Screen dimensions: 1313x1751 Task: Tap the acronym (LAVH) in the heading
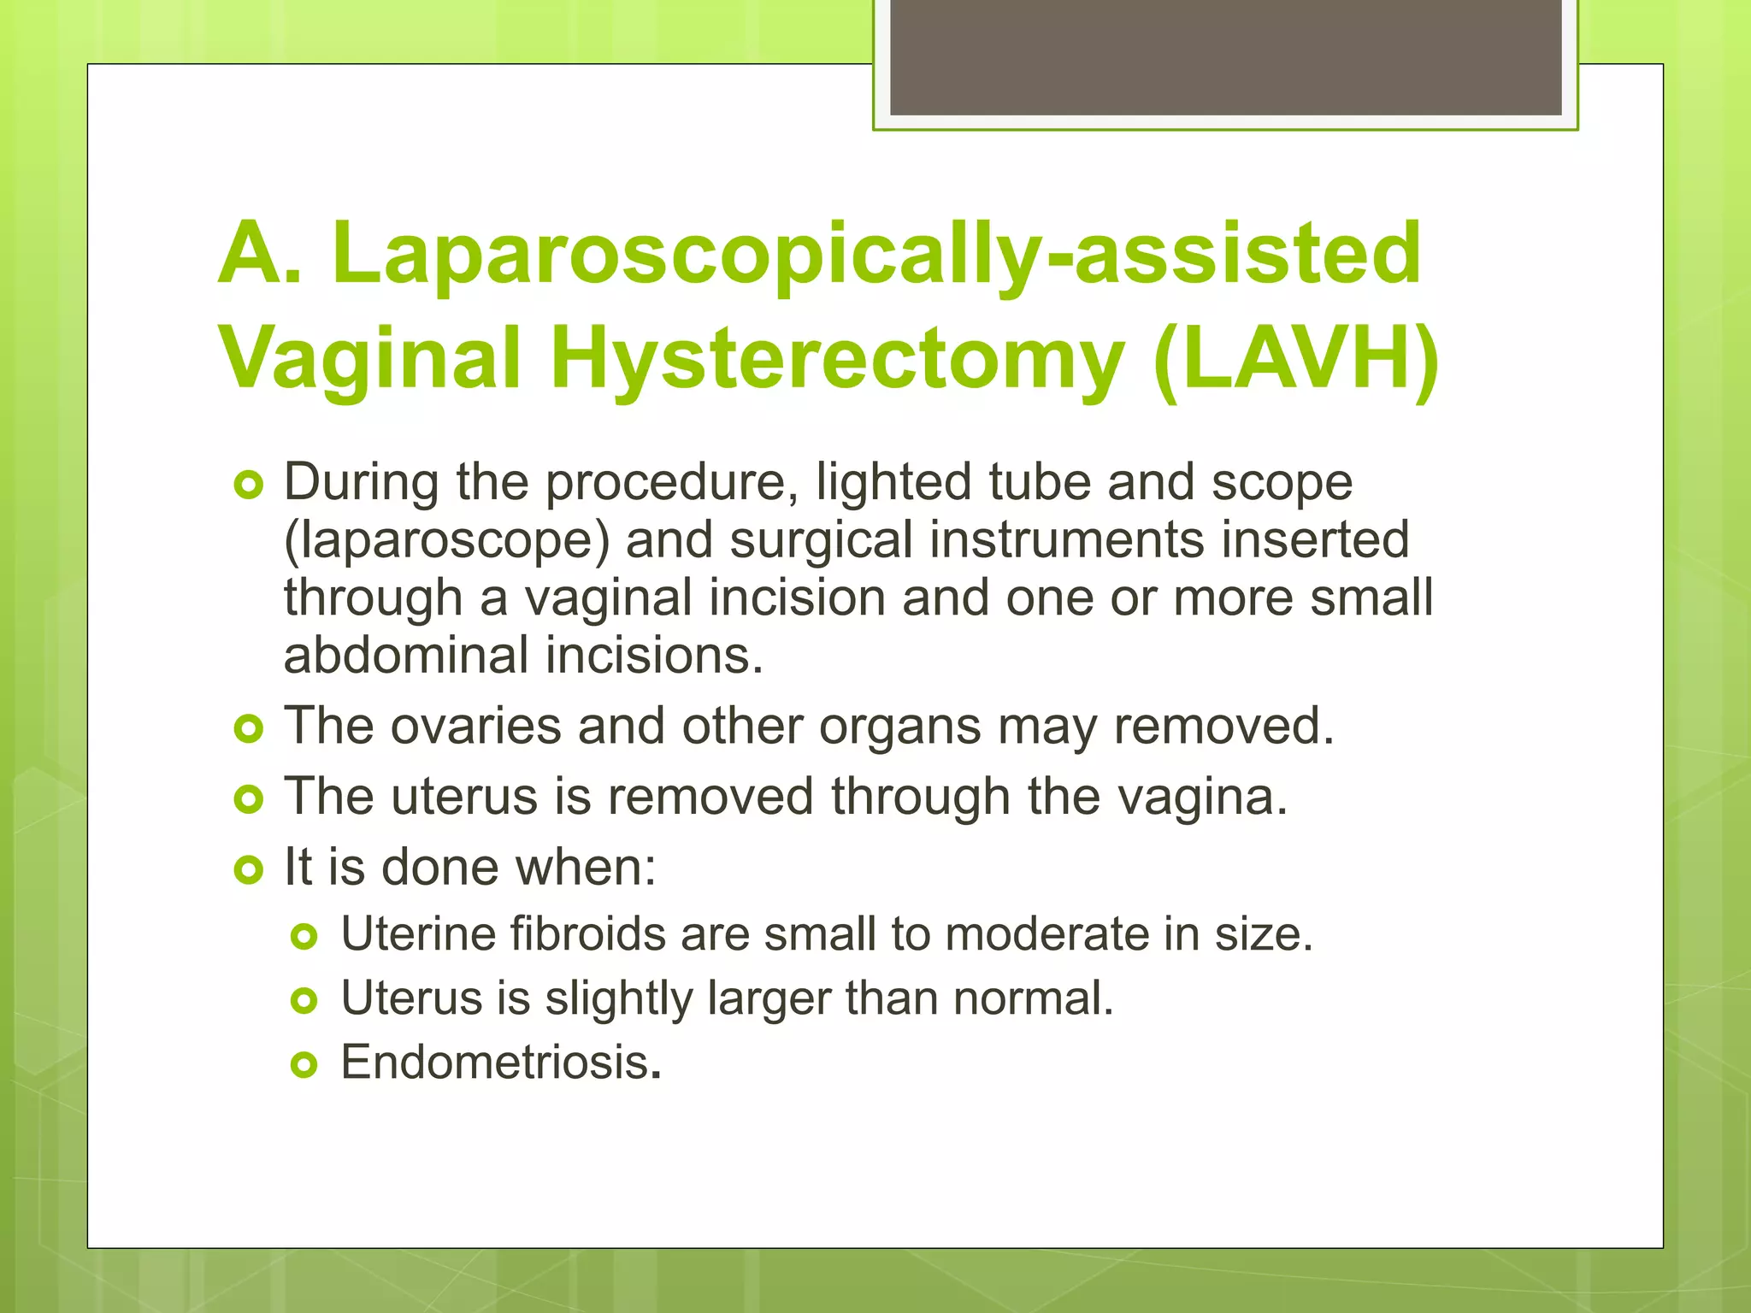click(1294, 359)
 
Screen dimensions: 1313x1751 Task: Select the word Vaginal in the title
click(369, 359)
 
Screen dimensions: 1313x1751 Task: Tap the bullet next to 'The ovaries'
click(248, 729)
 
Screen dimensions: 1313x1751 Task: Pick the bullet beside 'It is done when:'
click(248, 870)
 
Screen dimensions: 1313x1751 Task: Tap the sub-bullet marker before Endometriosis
click(304, 1065)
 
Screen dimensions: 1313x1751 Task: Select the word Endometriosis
click(495, 1063)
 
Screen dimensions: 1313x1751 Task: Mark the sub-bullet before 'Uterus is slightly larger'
click(304, 1000)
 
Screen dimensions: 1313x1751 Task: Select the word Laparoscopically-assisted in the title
click(876, 253)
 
